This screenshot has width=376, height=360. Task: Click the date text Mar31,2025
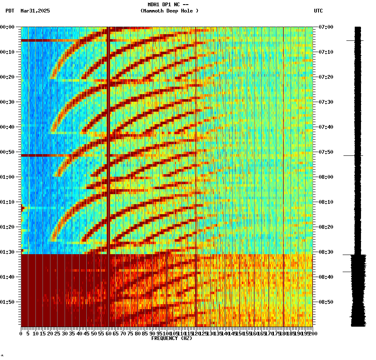click(x=35, y=11)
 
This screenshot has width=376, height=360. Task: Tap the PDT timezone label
click(x=10, y=11)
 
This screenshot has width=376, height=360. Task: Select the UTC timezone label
click(x=318, y=11)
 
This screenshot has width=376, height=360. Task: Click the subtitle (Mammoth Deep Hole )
click(x=170, y=11)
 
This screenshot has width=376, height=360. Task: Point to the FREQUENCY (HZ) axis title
click(x=172, y=338)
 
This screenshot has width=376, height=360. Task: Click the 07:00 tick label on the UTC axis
click(x=326, y=27)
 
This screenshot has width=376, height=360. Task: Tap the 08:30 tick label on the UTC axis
click(x=326, y=252)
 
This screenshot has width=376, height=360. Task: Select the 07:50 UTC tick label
click(x=326, y=152)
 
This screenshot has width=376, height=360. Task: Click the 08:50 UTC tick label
click(x=326, y=302)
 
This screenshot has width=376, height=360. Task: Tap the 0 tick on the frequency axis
click(x=21, y=334)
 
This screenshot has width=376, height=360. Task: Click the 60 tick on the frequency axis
click(x=109, y=334)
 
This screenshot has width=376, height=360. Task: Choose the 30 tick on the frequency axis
click(x=65, y=334)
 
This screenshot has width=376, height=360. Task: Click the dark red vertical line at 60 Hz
click(x=108, y=125)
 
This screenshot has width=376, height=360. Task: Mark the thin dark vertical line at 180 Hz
click(x=283, y=125)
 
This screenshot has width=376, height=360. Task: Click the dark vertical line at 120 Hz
click(x=196, y=125)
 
